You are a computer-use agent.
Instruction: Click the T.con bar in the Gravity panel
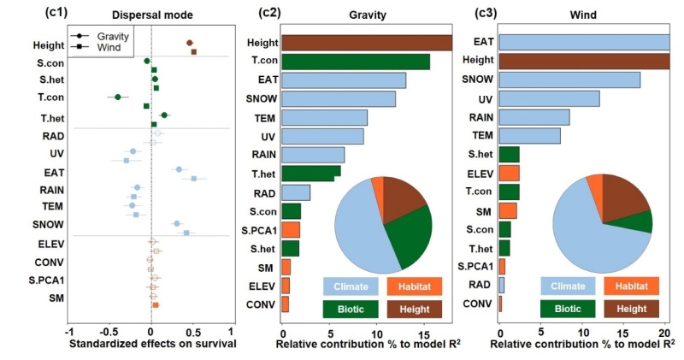point(355,62)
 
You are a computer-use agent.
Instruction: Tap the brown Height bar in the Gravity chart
point(366,43)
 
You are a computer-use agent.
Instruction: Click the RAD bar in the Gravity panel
point(295,192)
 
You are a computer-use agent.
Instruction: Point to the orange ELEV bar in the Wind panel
point(509,174)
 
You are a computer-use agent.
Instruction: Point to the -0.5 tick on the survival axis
point(110,331)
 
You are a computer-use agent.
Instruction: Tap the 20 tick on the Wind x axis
point(664,331)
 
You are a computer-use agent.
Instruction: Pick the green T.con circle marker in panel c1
point(118,97)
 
